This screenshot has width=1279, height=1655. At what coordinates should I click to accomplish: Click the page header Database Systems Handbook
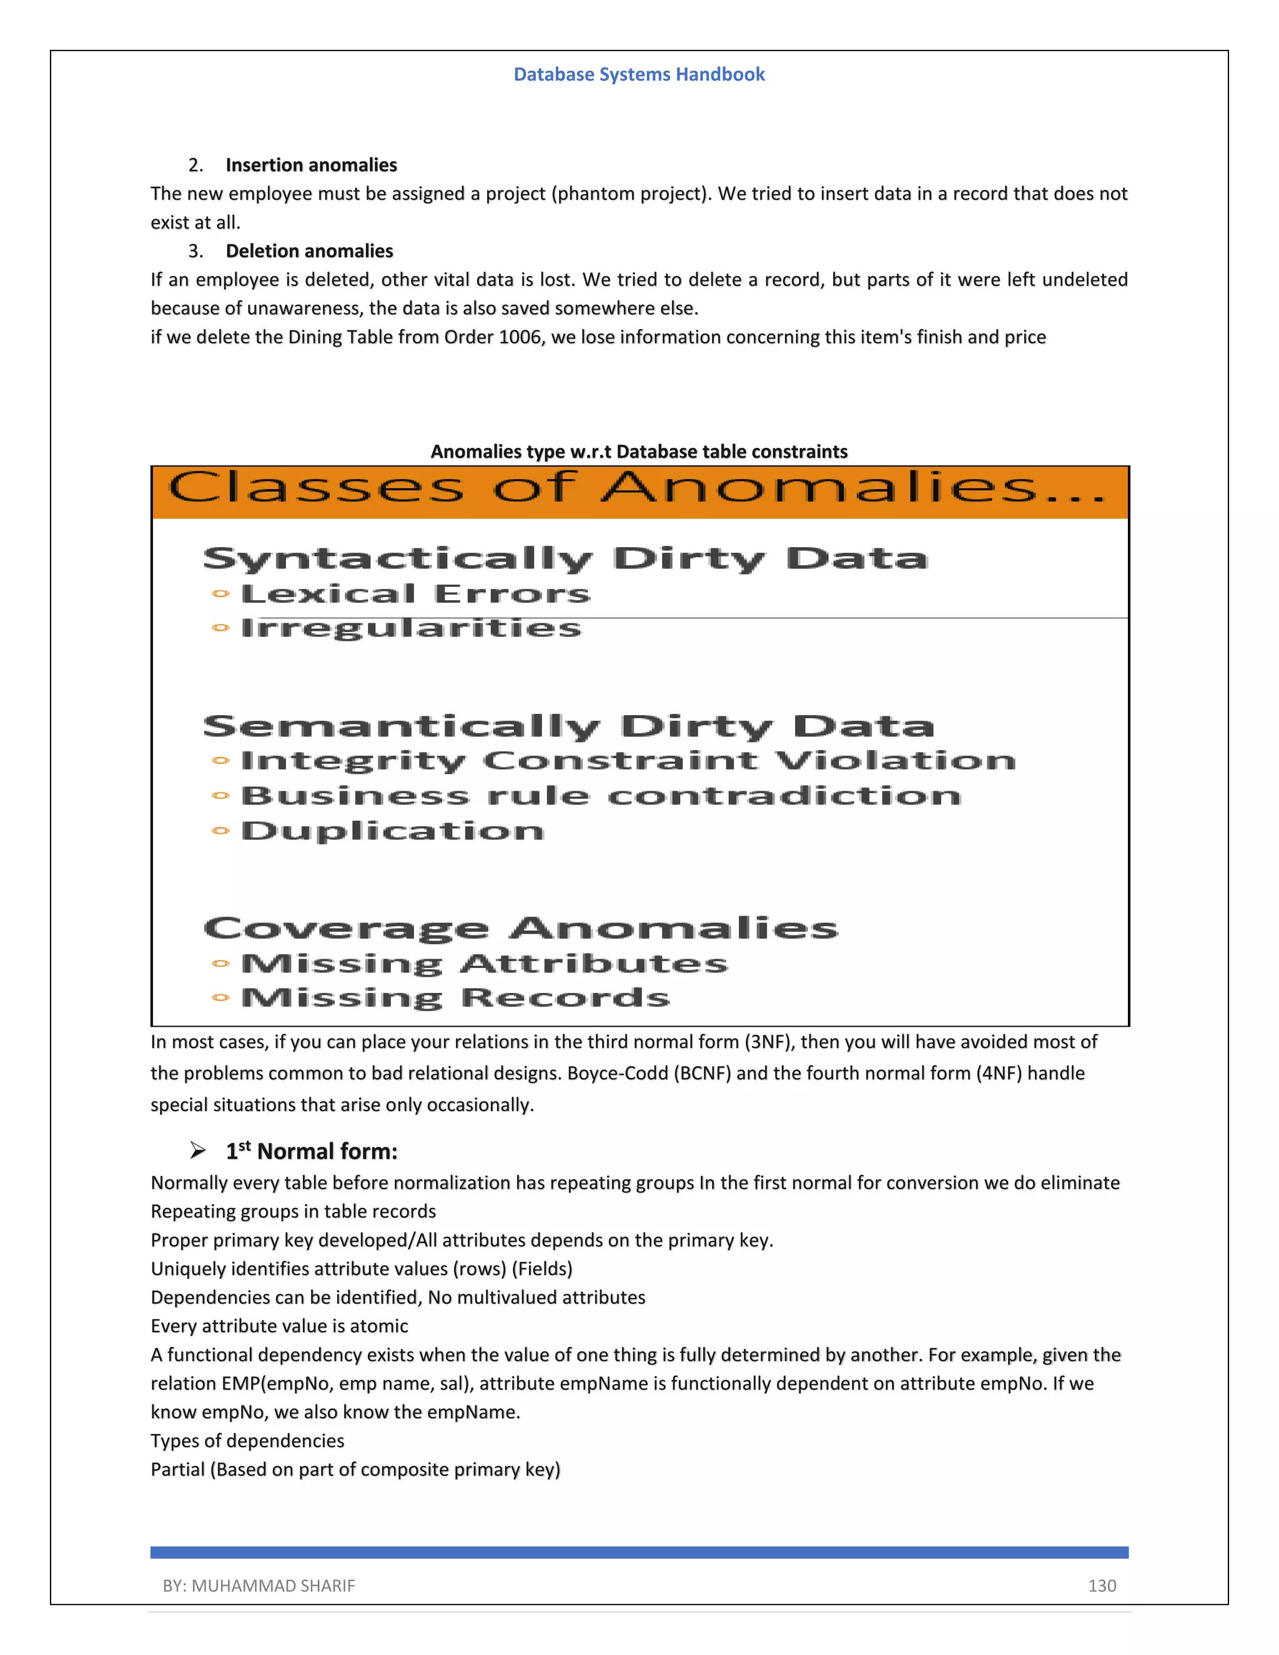pos(639,74)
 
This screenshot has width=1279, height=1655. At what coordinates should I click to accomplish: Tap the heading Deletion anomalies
pos(309,251)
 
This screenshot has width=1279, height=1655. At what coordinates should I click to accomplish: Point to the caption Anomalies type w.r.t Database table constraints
pos(639,452)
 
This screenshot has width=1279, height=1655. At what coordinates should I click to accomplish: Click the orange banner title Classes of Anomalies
pos(636,487)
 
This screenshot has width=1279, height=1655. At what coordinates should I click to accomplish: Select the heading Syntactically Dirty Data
pos(565,559)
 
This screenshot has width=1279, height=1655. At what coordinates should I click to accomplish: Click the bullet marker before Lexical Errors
pos(220,594)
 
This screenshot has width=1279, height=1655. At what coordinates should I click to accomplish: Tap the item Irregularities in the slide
pos(411,628)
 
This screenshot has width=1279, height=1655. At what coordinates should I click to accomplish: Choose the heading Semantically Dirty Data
pos(568,727)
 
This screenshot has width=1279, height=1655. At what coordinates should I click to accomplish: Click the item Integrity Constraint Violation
pos(628,761)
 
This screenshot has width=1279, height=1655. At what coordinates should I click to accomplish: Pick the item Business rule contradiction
pos(600,796)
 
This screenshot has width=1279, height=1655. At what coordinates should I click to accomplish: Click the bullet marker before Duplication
pos(220,831)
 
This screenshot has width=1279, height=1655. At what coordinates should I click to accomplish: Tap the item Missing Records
pos(455,998)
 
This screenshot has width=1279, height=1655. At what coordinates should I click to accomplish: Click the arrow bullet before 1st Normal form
pos(198,1151)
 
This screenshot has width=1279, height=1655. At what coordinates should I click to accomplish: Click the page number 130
pos(1102,1586)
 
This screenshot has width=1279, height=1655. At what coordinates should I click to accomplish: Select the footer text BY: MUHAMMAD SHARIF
pos(259,1586)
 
